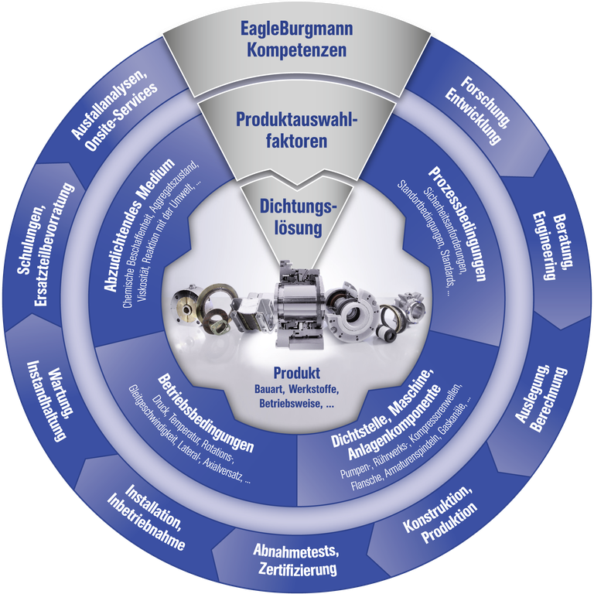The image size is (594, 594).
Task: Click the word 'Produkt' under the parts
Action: pyautogui.click(x=297, y=372)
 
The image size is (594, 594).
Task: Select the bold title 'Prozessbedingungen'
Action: pyautogui.click(x=457, y=224)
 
